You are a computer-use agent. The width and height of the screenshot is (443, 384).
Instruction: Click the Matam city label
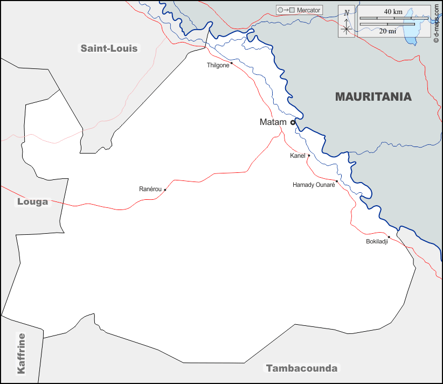(x=273, y=122)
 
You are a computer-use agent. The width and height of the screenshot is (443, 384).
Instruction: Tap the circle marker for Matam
(x=293, y=122)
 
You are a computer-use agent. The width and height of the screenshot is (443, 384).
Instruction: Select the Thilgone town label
(x=218, y=65)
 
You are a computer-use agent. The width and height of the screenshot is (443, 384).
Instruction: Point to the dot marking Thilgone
(x=231, y=63)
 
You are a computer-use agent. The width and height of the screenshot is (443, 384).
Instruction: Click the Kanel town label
(x=297, y=156)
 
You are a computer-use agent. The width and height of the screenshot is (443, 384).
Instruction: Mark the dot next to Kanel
(x=309, y=155)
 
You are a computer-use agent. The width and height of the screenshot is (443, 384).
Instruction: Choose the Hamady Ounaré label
(x=314, y=185)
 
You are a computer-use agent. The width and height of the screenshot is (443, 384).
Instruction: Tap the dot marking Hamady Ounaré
(x=337, y=181)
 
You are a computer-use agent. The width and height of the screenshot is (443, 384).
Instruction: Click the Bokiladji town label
(x=377, y=241)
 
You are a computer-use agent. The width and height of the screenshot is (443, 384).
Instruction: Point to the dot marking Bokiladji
(x=389, y=237)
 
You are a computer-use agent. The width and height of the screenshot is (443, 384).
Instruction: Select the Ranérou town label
(x=150, y=189)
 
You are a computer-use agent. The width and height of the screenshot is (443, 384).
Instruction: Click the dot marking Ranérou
(x=165, y=190)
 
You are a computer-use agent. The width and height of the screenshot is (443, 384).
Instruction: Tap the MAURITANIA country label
(x=373, y=97)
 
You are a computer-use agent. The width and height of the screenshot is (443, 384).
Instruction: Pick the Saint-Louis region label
(x=109, y=48)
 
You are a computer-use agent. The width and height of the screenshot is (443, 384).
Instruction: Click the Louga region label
(x=32, y=202)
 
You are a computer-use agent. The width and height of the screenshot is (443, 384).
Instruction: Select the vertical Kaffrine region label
(x=22, y=353)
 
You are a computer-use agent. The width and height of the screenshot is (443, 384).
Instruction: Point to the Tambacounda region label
(x=302, y=368)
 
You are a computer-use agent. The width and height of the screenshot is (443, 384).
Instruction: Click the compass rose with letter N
(x=347, y=23)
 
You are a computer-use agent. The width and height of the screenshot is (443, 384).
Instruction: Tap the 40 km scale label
(x=393, y=11)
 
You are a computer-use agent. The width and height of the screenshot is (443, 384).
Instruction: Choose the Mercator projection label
(x=308, y=10)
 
